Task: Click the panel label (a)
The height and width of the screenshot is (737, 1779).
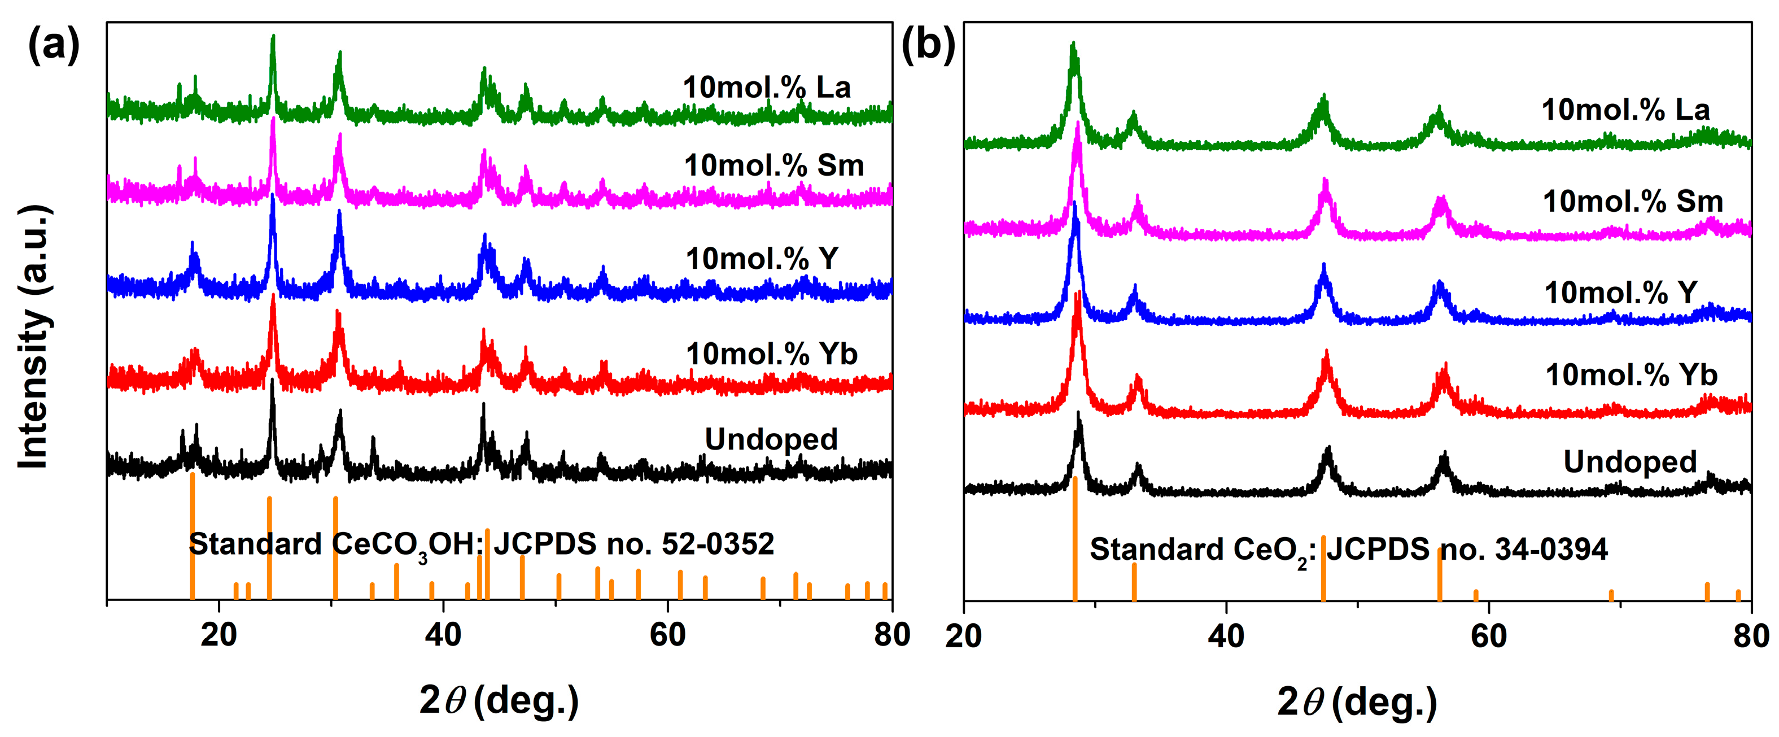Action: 53,46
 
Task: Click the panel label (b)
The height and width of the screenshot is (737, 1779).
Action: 928,46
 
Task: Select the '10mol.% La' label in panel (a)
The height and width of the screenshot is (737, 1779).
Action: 767,88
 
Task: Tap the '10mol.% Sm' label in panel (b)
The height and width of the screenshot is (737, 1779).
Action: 1633,202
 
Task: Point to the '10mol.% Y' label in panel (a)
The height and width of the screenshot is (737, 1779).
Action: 762,259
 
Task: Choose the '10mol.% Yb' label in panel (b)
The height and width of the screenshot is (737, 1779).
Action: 1631,375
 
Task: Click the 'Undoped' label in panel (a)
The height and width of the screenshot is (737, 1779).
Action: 771,439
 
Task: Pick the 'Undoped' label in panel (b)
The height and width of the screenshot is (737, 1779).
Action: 1630,462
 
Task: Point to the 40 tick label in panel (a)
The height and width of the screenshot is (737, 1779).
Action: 443,635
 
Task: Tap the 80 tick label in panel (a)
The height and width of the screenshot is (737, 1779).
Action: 891,635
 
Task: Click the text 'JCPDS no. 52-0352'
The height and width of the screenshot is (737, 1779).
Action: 633,545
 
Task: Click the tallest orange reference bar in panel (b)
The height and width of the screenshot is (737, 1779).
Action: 1074,539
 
